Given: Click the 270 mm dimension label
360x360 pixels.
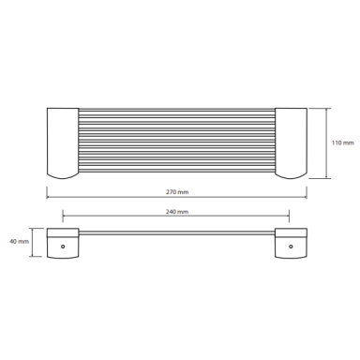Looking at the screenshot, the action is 177,192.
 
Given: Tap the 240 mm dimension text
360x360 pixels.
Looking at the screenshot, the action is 177,212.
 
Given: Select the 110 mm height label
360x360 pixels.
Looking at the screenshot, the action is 343,142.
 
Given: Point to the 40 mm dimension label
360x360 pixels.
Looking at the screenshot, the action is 19,241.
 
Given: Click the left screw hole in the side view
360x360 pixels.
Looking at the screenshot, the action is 63,247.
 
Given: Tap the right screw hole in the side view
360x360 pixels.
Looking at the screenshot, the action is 291,247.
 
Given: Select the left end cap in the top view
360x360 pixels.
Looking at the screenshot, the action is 63,143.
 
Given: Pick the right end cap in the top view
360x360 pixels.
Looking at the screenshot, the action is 291,143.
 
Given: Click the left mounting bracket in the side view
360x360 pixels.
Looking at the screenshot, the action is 63,243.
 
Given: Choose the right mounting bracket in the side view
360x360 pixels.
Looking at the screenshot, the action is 291,243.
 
